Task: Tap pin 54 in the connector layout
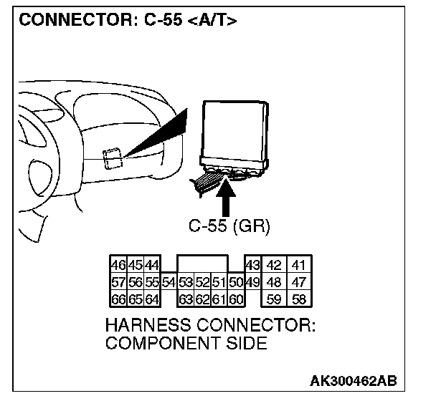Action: pos(169,282)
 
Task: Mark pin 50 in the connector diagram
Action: pos(237,282)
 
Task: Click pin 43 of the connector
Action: pos(252,266)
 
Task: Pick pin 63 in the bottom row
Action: pos(186,299)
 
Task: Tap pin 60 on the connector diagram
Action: pos(237,299)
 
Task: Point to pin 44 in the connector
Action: pos(151,266)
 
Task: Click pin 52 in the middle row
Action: pos(204,282)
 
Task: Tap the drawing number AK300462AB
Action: pos(353,379)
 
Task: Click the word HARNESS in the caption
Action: pos(146,326)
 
